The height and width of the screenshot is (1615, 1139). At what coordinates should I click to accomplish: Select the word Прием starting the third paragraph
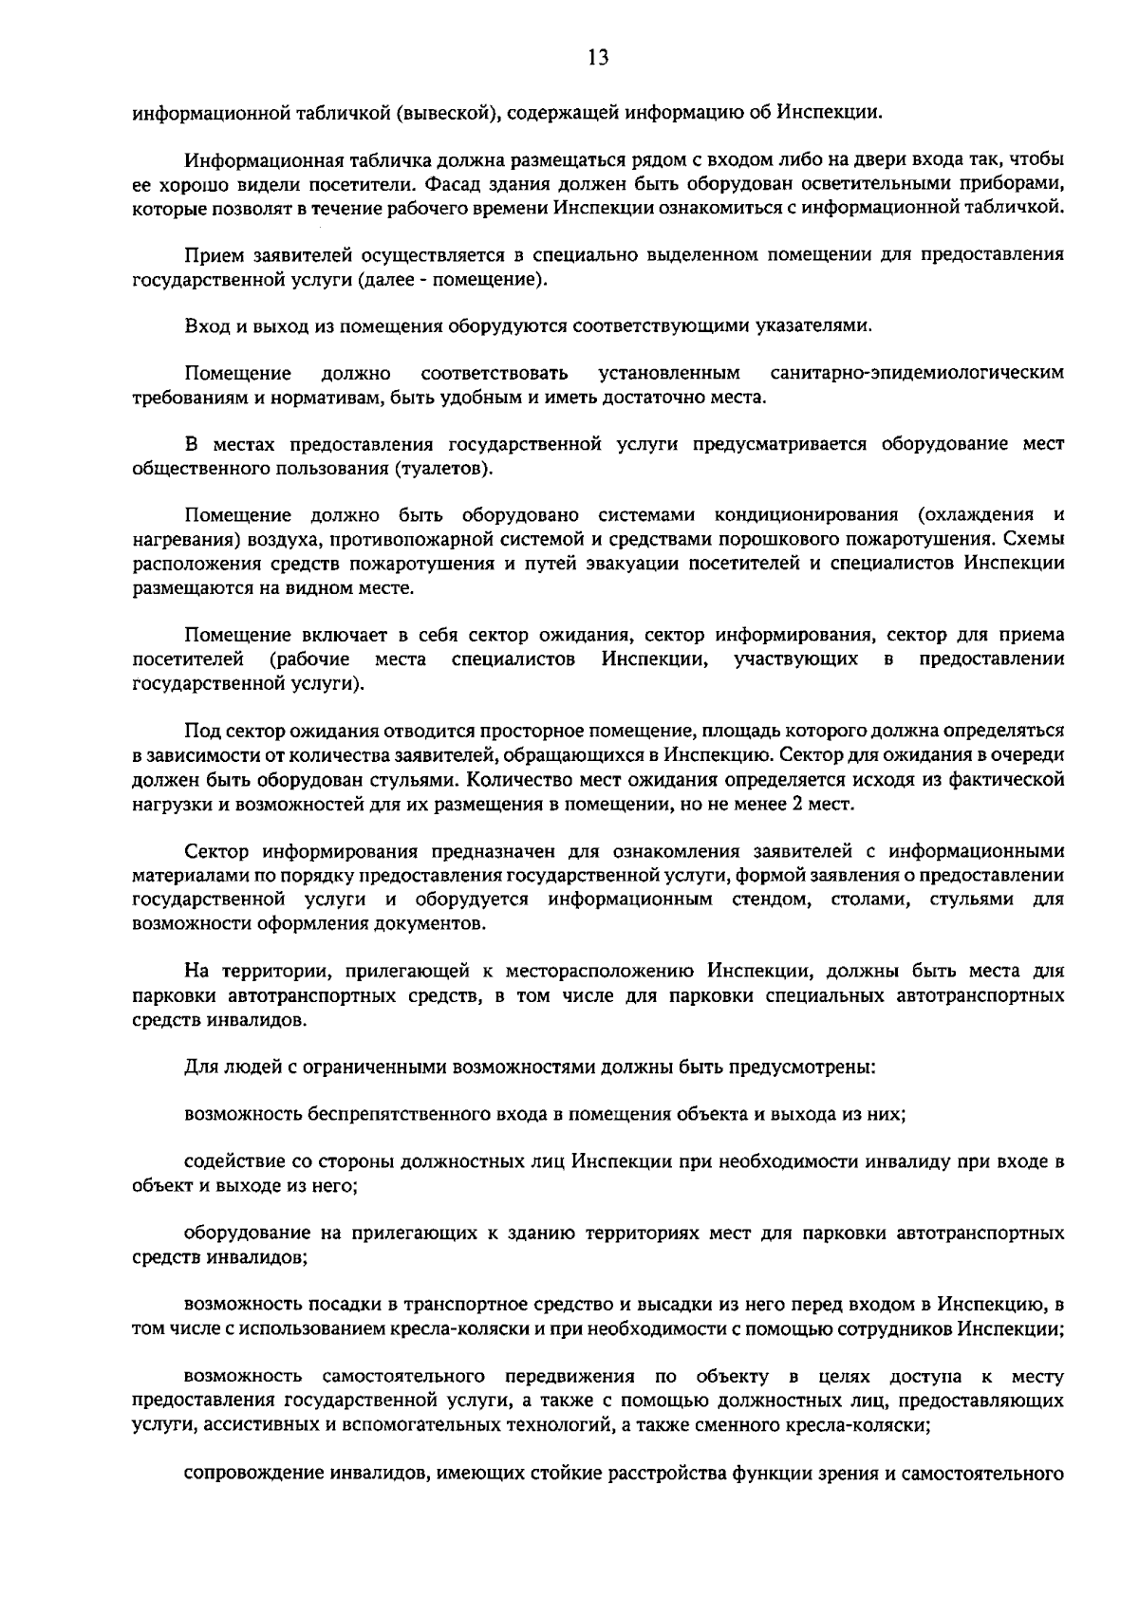[x=215, y=255]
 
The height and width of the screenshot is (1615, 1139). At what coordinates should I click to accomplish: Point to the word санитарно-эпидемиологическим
[x=917, y=373]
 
